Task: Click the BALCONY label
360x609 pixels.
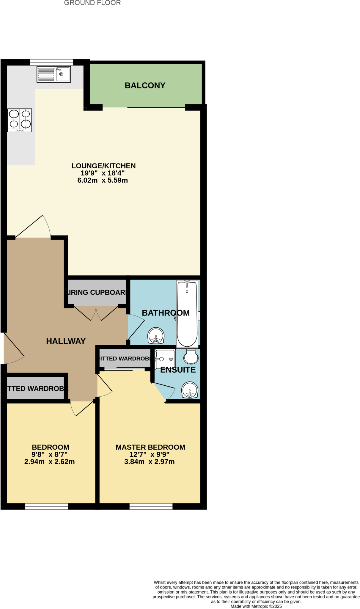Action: click(145, 86)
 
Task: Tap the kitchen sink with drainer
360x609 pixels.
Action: click(54, 74)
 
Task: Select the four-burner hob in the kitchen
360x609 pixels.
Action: click(20, 120)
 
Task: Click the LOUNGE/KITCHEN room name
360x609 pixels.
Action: click(103, 166)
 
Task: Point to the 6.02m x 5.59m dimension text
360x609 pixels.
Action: click(103, 180)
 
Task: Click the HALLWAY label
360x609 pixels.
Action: click(66, 341)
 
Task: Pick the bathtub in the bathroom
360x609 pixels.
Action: click(187, 314)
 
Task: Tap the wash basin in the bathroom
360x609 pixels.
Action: click(156, 336)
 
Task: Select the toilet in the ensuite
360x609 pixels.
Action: click(191, 356)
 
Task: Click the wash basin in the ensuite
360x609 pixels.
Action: click(190, 390)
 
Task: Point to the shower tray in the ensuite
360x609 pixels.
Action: click(165, 359)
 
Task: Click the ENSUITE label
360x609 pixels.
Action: click(178, 370)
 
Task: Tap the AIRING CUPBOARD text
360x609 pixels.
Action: click(97, 293)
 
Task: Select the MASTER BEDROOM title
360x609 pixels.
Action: click(150, 447)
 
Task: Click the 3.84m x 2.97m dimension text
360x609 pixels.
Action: click(149, 462)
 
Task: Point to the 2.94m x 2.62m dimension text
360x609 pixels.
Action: click(49, 462)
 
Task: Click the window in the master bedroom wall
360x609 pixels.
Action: click(151, 506)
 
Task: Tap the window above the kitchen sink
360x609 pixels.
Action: click(51, 62)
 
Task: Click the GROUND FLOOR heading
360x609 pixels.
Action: click(92, 3)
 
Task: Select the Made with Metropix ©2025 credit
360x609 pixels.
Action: click(256, 606)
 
